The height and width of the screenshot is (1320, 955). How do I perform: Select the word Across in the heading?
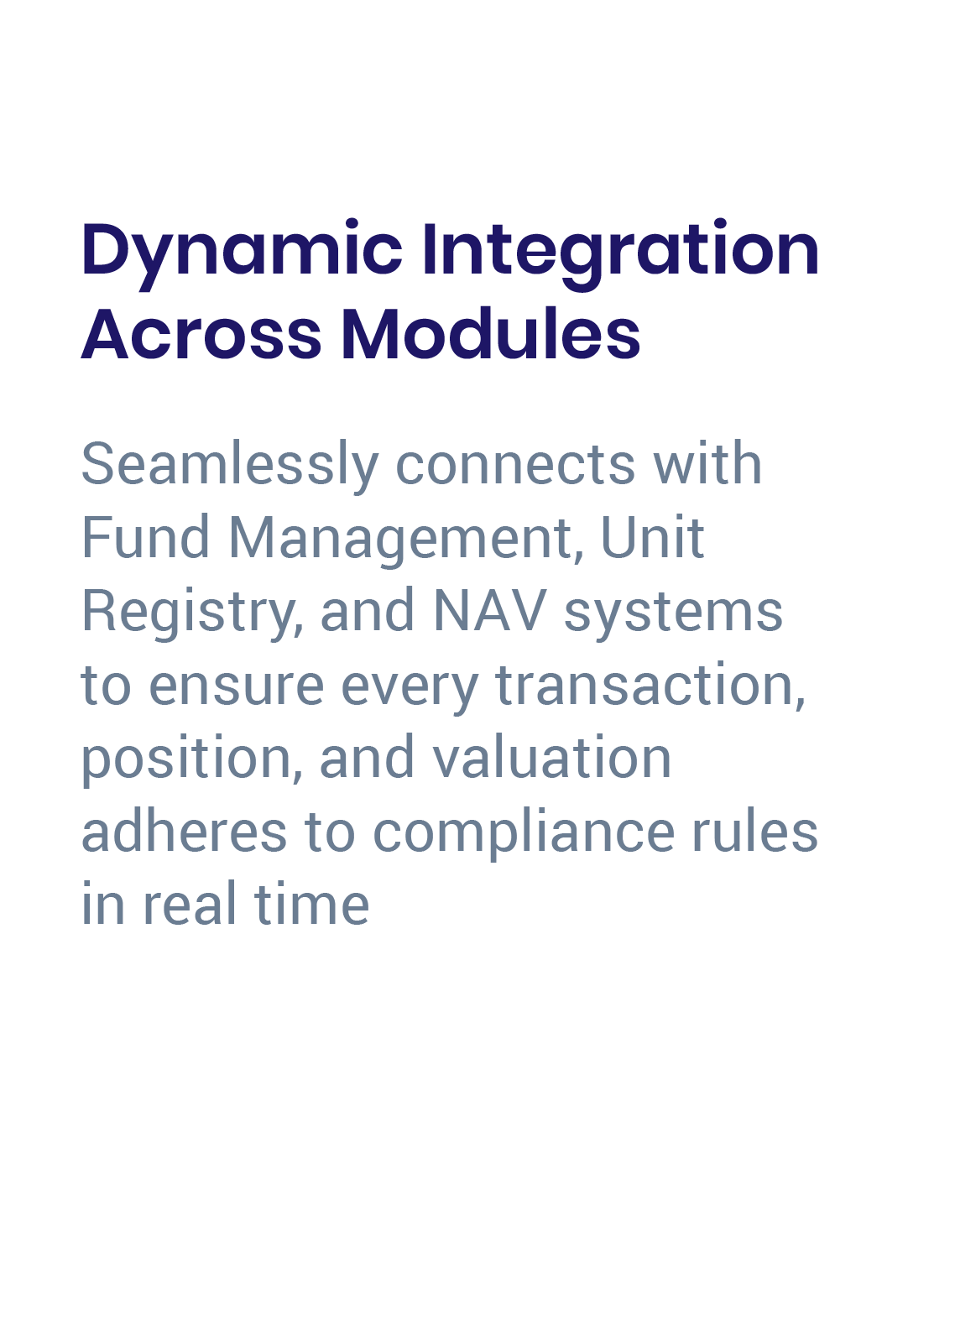(201, 334)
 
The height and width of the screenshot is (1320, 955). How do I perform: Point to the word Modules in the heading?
(490, 334)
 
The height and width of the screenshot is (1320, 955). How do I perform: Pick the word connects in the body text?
(515, 464)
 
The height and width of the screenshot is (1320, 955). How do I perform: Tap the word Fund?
(145, 537)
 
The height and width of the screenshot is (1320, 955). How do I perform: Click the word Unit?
(652, 537)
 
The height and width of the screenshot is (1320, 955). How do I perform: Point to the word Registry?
(192, 612)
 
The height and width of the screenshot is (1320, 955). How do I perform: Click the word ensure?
(237, 686)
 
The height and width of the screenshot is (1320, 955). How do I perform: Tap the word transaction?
(650, 685)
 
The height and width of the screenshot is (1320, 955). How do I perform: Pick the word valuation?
(551, 758)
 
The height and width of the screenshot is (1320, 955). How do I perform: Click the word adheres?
(184, 832)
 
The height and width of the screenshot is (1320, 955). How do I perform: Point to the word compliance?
(524, 832)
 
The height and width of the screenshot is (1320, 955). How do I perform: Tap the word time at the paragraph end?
(311, 905)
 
